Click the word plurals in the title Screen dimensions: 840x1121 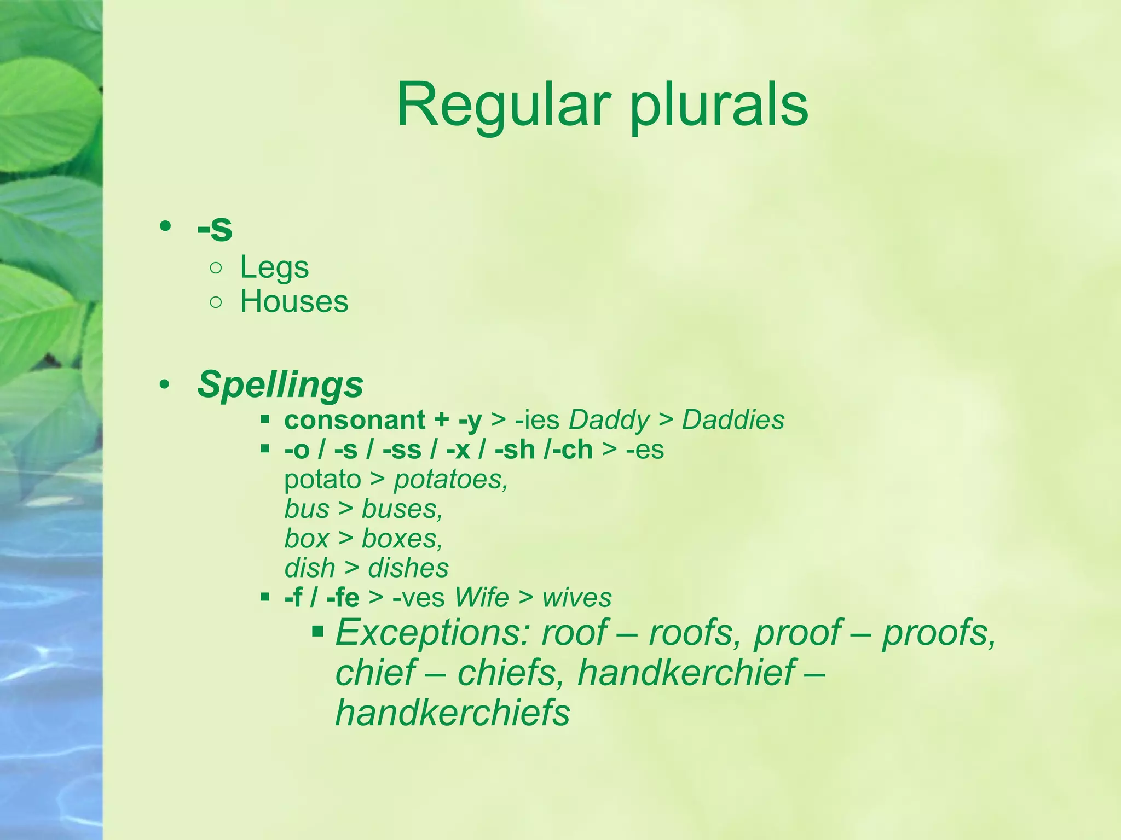(719, 105)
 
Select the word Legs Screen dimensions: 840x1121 (274, 268)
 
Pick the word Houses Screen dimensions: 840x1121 (294, 301)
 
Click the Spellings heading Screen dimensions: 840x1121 (280, 384)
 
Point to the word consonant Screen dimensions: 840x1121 (355, 420)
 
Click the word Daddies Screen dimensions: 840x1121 (733, 420)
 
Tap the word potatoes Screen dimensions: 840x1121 (450, 480)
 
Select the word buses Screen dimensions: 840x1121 (402, 509)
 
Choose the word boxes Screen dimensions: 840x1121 (402, 539)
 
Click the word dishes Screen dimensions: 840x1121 (408, 568)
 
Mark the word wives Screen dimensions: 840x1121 (577, 597)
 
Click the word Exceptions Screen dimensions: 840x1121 (432, 633)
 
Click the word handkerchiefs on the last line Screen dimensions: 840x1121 (453, 713)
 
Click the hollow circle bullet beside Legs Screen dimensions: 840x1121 (216, 268)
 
